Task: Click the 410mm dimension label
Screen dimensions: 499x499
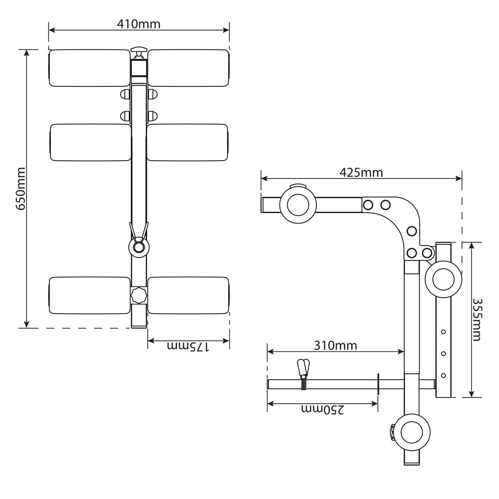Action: tap(139, 24)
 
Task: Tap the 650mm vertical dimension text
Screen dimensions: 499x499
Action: tap(21, 189)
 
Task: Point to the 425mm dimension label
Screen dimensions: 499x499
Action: tap(361, 173)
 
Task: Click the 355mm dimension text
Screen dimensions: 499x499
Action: tap(477, 319)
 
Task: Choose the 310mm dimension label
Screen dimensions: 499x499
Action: tap(335, 345)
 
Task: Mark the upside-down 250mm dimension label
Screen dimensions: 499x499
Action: tap(323, 410)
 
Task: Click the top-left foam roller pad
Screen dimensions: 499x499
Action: tap(89, 68)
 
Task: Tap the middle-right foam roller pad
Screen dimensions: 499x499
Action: tap(188, 142)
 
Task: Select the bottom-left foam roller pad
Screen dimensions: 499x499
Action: tap(89, 295)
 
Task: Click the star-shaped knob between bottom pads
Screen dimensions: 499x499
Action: tap(139, 295)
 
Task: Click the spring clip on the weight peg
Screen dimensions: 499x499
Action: tap(303, 374)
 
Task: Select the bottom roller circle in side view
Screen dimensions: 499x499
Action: tap(412, 433)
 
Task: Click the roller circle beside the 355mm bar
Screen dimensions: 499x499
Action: tap(443, 279)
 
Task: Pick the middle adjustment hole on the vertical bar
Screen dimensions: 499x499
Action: tap(443, 354)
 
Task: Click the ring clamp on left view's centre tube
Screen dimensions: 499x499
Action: tap(139, 247)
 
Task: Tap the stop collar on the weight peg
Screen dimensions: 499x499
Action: tap(378, 384)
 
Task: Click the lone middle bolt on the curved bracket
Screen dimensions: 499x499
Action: tap(412, 231)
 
